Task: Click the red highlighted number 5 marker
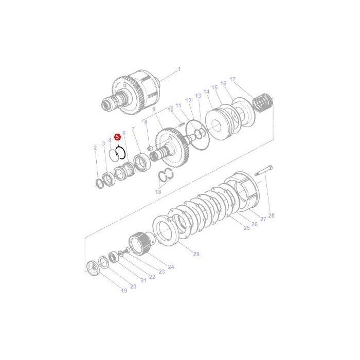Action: click(117, 137)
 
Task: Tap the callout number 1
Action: click(179, 69)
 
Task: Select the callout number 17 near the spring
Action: click(232, 80)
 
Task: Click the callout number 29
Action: click(195, 254)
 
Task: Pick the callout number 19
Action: click(123, 291)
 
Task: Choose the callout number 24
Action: click(171, 267)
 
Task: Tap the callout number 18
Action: click(158, 191)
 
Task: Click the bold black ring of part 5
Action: click(121, 153)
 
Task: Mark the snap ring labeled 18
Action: click(166, 175)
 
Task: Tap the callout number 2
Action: click(95, 148)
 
